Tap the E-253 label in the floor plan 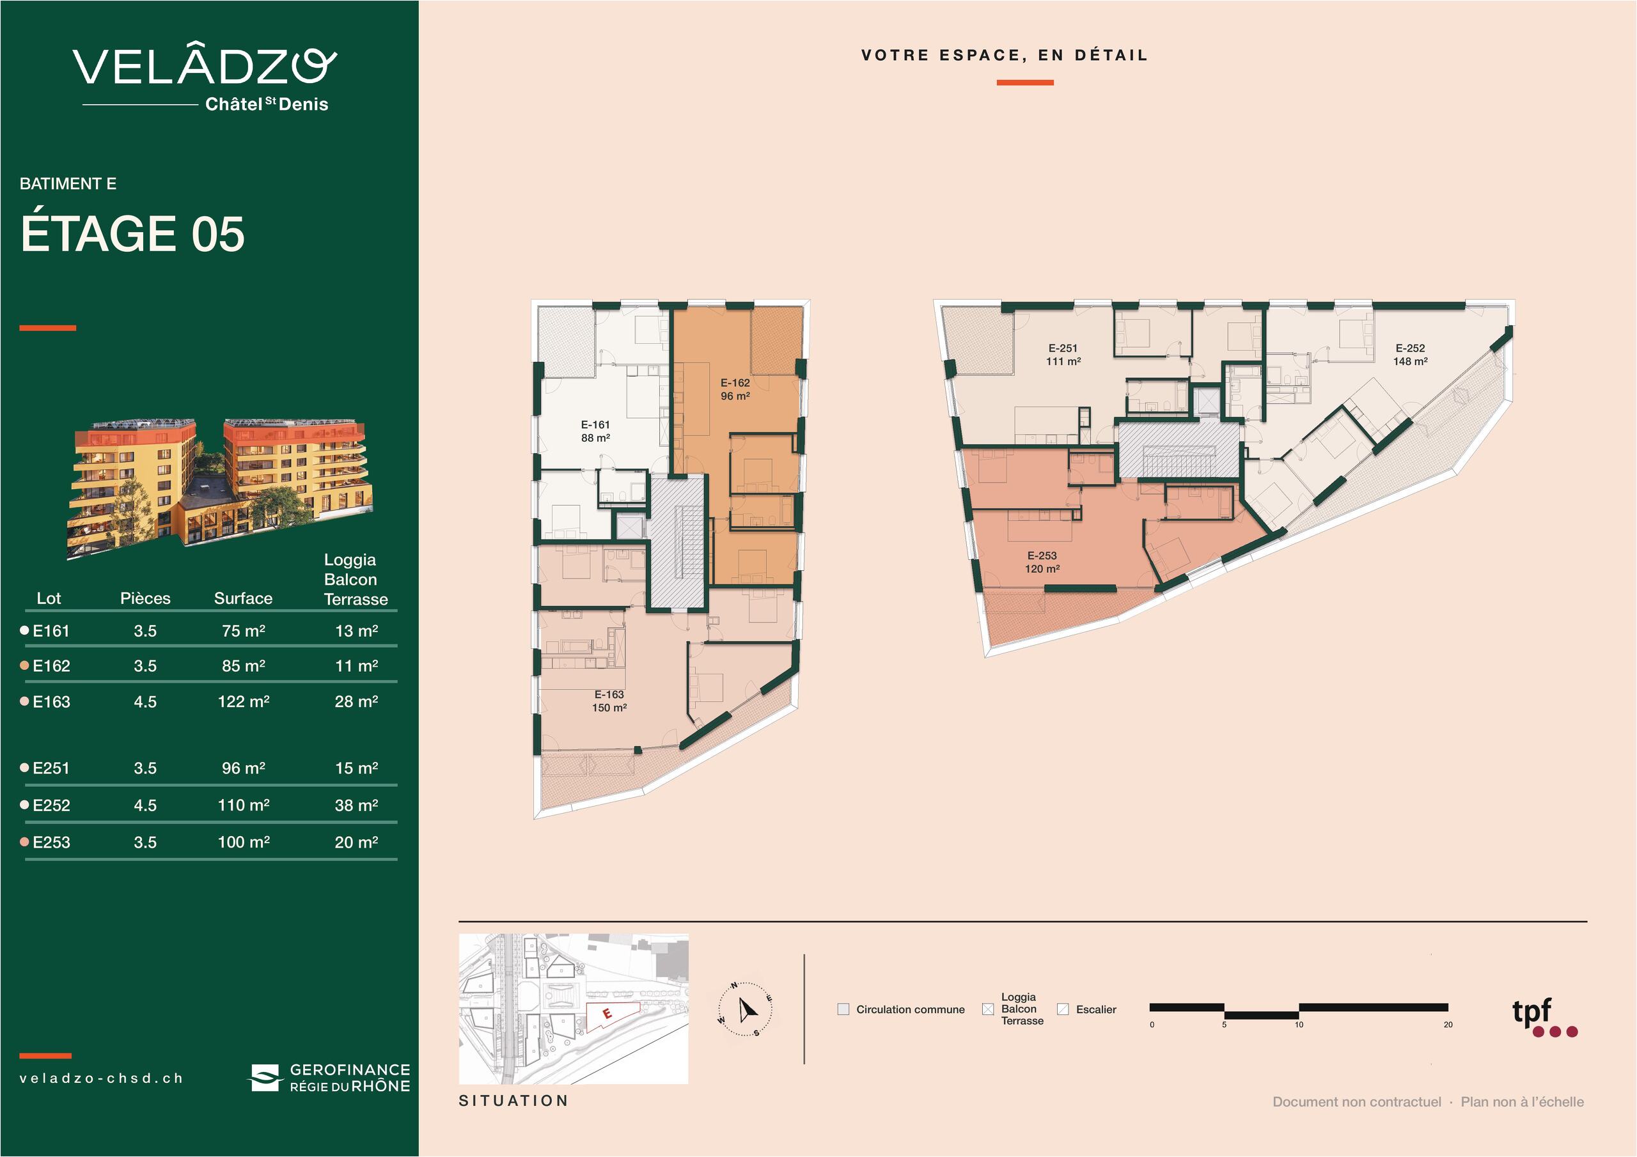(1042, 555)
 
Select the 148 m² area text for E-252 (1410, 361)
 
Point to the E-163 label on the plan (609, 694)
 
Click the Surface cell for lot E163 (243, 701)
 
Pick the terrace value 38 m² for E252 (356, 805)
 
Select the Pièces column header (145, 598)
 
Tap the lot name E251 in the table (51, 768)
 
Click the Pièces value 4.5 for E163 (145, 701)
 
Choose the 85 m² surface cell (243, 666)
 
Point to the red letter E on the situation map (607, 1013)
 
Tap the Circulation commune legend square (843, 1009)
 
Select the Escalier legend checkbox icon (1063, 1009)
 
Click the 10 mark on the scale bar (1299, 1025)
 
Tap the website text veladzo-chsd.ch (101, 1078)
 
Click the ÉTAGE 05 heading (132, 234)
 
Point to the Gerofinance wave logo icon (265, 1078)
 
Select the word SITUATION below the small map (513, 1101)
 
